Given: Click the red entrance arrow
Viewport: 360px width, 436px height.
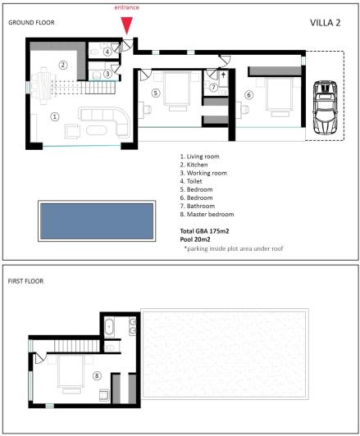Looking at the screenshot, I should [x=126, y=25].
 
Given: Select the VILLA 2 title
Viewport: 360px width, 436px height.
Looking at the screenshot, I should [x=326, y=22].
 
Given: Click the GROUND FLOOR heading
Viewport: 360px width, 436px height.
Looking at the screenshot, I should [x=31, y=22].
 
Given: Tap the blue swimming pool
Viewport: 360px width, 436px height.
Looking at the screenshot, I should [x=96, y=221].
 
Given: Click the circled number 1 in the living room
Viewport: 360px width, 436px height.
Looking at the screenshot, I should [x=54, y=116].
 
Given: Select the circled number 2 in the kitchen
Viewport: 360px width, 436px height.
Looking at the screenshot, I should [x=62, y=64].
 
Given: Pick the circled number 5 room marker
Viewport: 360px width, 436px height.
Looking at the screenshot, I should [x=156, y=93].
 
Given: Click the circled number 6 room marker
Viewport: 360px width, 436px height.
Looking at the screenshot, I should [x=248, y=95].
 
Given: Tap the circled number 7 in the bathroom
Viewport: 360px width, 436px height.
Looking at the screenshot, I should [x=213, y=87].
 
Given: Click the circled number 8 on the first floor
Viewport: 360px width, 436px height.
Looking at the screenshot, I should [x=96, y=376].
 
